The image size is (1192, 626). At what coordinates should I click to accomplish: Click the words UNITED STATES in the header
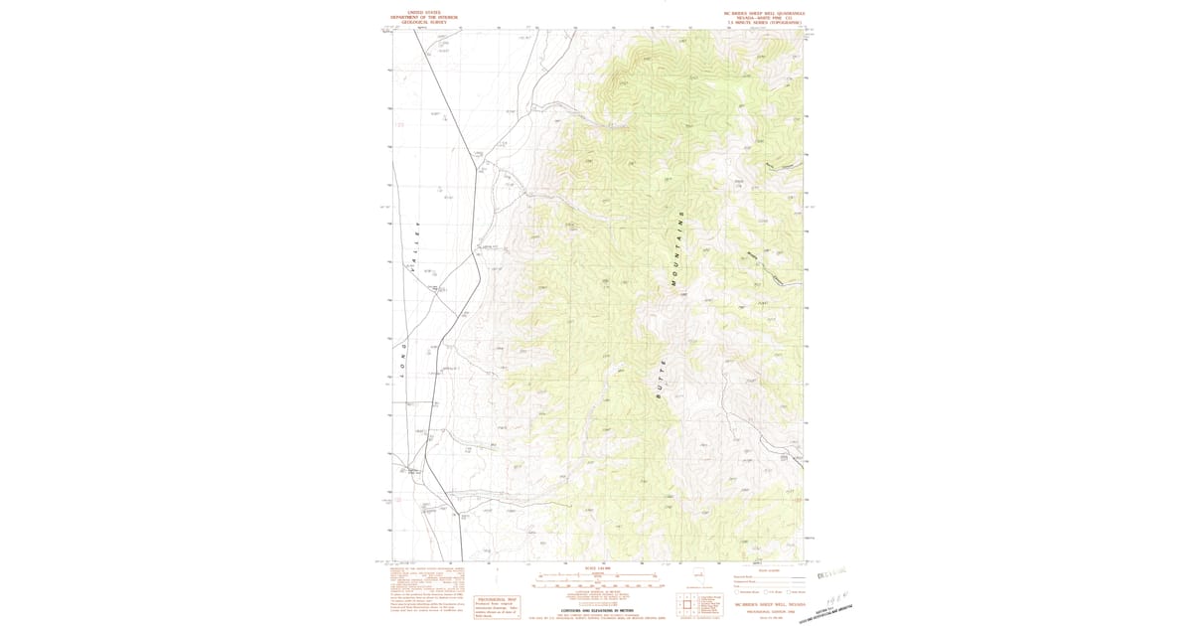click(417, 13)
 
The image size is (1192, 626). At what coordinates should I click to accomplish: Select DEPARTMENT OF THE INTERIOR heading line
click(417, 18)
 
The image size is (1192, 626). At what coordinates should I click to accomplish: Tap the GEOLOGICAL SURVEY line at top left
click(417, 23)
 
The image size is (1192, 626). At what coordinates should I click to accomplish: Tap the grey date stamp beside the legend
click(830, 573)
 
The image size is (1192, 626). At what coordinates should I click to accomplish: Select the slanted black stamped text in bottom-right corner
click(824, 606)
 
